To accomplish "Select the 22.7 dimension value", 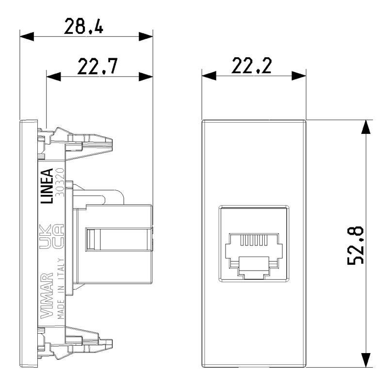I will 97,66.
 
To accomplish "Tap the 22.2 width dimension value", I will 251,66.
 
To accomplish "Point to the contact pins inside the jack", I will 253,240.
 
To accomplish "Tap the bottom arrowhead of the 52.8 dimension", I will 367,359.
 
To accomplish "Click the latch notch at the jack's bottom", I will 253,275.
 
